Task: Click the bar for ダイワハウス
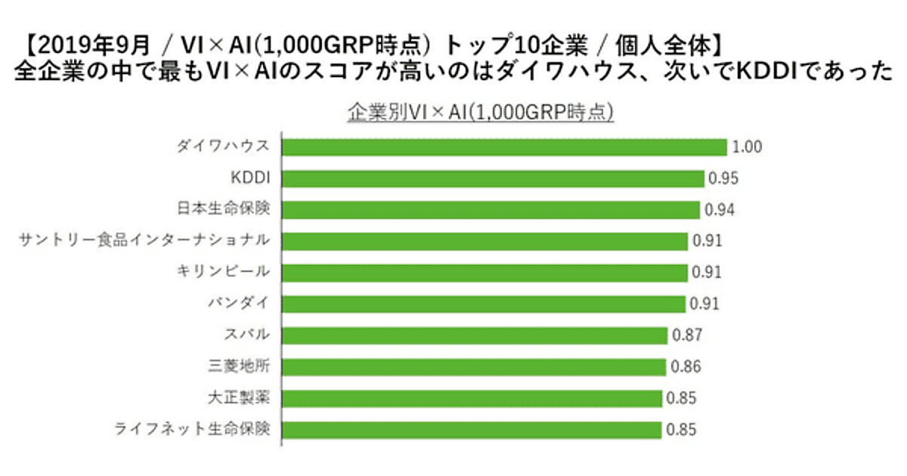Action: coord(503,147)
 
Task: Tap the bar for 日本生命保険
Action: coord(491,209)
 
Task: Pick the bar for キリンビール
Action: coord(484,272)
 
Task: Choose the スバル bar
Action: coord(475,335)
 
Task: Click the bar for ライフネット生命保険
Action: coord(472,429)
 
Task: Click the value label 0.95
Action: coord(723,179)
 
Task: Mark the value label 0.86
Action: coord(686,367)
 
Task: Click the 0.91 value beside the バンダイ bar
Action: coord(704,304)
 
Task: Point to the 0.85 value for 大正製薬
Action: coord(680,398)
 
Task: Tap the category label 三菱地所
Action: coord(238,366)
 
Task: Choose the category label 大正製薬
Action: coord(238,397)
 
